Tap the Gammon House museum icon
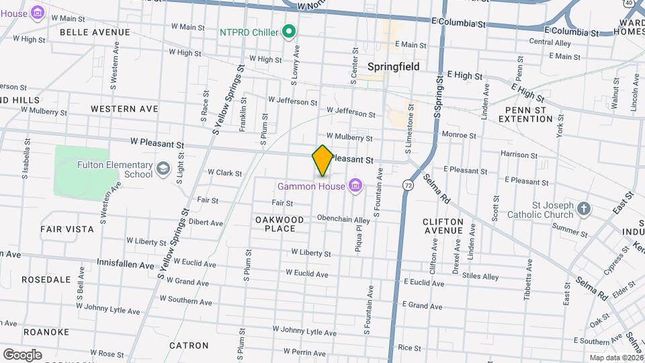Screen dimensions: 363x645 pyautogui.click(x=355, y=186)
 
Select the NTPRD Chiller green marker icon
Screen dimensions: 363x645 pyautogui.click(x=290, y=32)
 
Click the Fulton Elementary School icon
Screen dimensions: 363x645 pyautogui.click(x=163, y=168)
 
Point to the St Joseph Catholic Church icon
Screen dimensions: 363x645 pyautogui.click(x=584, y=208)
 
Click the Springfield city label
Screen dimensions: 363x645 pyautogui.click(x=394, y=67)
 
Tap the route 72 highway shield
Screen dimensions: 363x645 pyautogui.click(x=408, y=184)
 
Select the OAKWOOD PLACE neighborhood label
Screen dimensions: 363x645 pyautogui.click(x=279, y=224)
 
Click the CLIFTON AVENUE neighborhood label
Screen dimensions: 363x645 pyautogui.click(x=443, y=226)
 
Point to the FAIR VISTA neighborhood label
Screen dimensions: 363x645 pyautogui.click(x=67, y=229)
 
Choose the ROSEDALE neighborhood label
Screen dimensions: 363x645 pyautogui.click(x=46, y=279)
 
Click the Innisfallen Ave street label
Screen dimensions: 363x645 pyautogui.click(x=126, y=264)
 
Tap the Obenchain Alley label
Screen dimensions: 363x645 pyautogui.click(x=343, y=220)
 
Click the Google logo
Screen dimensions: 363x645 pyautogui.click(x=22, y=355)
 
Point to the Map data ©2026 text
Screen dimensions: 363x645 pyautogui.click(x=616, y=358)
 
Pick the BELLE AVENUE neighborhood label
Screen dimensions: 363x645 pyautogui.click(x=95, y=32)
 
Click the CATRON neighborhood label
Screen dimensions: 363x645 pyautogui.click(x=189, y=346)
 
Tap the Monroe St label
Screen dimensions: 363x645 pyautogui.click(x=459, y=135)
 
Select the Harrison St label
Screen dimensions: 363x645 pyautogui.click(x=519, y=155)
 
